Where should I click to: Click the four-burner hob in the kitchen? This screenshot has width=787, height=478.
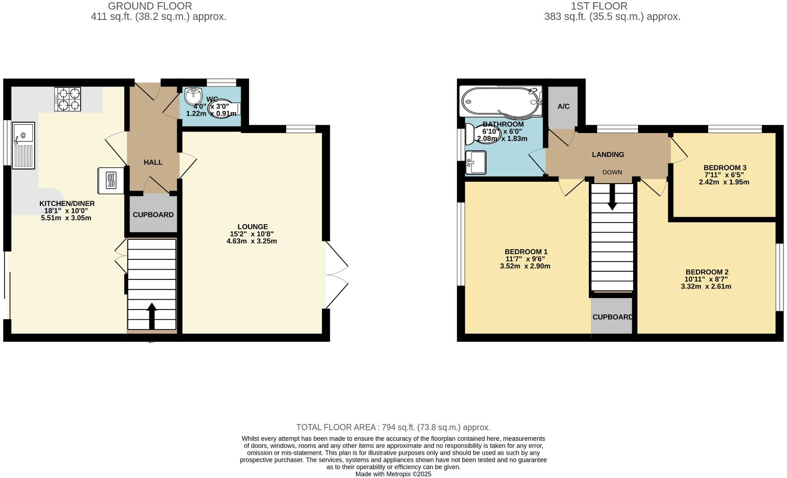pyautogui.click(x=68, y=99)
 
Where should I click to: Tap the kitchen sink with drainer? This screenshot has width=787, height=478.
pyautogui.click(x=23, y=145)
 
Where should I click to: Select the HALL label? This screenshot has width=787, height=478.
pyautogui.click(x=153, y=162)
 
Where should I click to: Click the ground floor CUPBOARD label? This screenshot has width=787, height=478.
pyautogui.click(x=153, y=215)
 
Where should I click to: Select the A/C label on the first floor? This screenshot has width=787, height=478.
pyautogui.click(x=563, y=106)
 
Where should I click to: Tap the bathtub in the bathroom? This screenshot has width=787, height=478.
pyautogui.click(x=501, y=101)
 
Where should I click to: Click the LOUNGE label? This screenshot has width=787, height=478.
pyautogui.click(x=252, y=227)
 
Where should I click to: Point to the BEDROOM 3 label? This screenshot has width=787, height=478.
pyautogui.click(x=725, y=168)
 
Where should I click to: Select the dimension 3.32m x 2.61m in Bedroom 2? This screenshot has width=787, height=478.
pyautogui.click(x=706, y=286)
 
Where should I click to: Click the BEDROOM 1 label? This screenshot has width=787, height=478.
pyautogui.click(x=526, y=252)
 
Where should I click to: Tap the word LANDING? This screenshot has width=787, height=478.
pyautogui.click(x=608, y=154)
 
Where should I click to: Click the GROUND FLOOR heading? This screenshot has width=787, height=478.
pyautogui.click(x=150, y=6)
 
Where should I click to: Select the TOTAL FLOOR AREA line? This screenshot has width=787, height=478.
pyautogui.click(x=393, y=427)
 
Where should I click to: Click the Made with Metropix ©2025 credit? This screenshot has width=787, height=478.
pyautogui.click(x=393, y=474)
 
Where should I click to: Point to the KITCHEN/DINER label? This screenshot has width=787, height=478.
pyautogui.click(x=67, y=204)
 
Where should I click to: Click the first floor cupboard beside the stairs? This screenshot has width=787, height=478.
pyautogui.click(x=612, y=316)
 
